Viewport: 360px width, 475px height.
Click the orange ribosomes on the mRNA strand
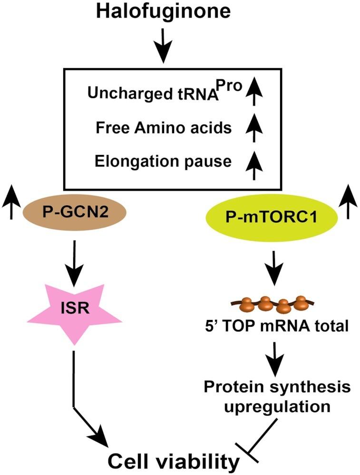[268, 305]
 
